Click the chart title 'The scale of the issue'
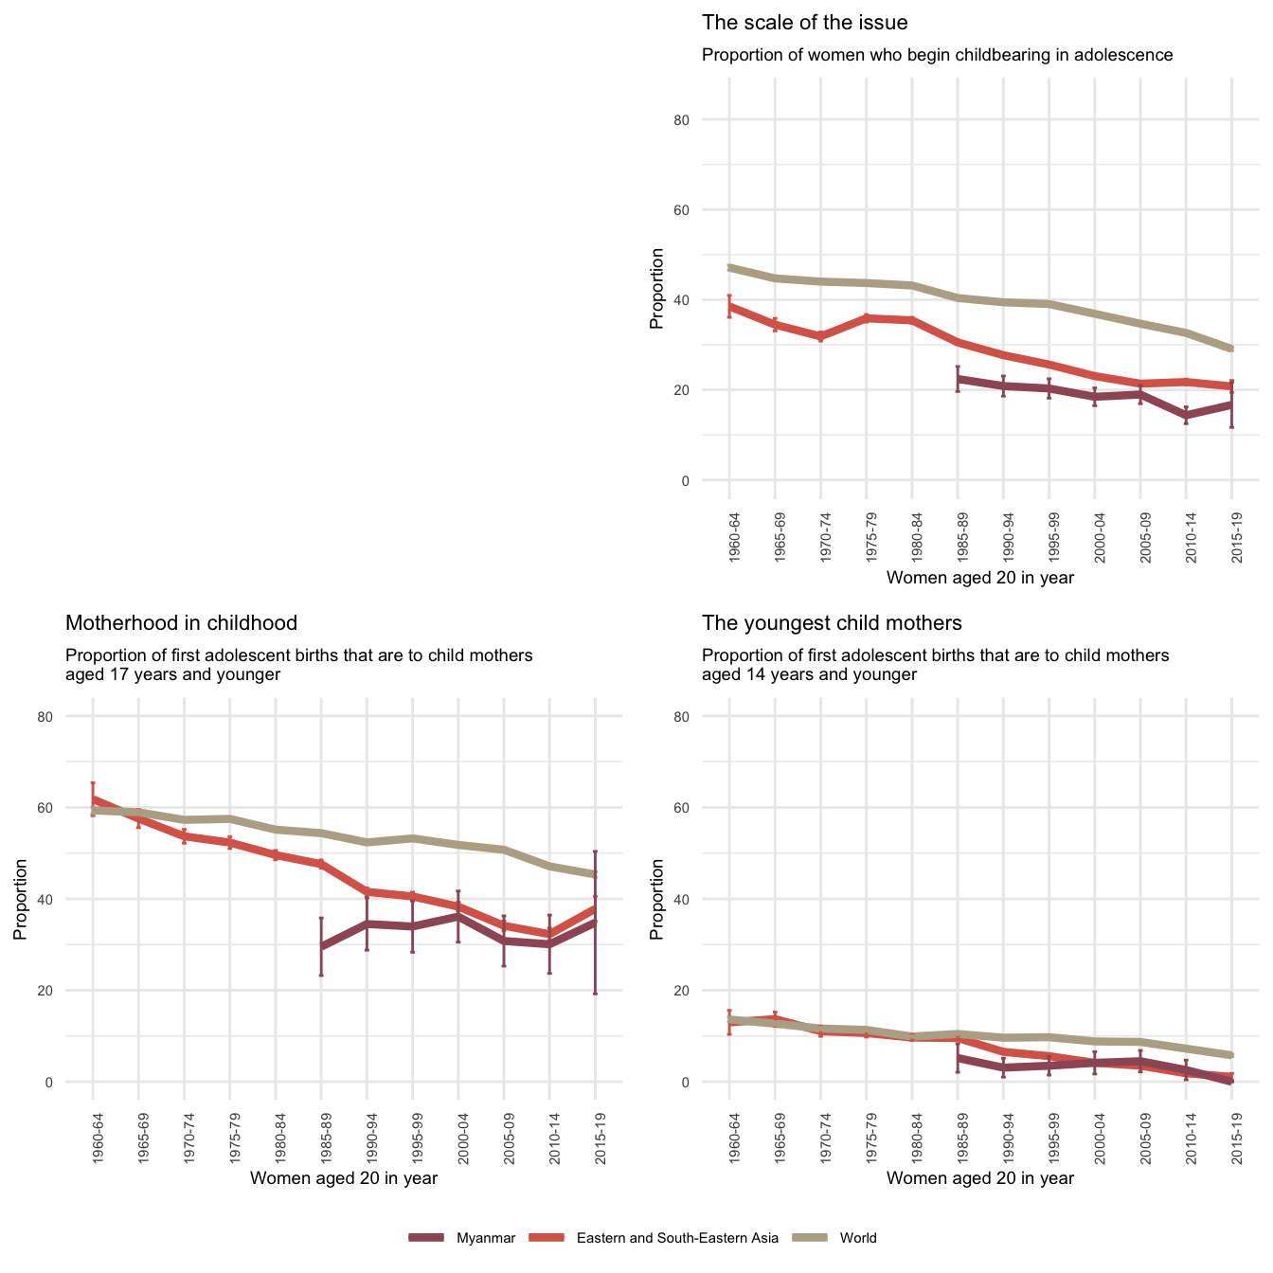click(804, 23)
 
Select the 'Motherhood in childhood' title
click(181, 623)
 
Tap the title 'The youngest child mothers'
click(832, 623)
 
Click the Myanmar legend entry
click(463, 1238)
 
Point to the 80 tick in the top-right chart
click(708, 120)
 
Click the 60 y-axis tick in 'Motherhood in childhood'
click(72, 808)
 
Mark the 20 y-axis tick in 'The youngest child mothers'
click(708, 991)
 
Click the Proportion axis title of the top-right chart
click(656, 288)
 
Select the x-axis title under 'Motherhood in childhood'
click(343, 1178)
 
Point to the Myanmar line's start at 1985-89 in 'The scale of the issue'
click(958, 379)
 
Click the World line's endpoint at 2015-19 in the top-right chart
click(1231, 349)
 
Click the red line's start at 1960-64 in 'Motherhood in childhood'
click(93, 798)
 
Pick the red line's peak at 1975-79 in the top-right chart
click(867, 318)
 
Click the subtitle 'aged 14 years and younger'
click(809, 674)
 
